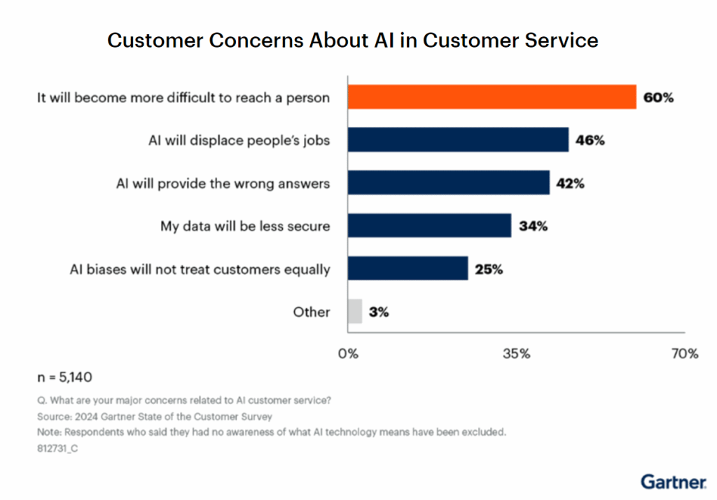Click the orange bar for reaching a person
point(492,97)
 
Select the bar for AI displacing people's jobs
point(458,140)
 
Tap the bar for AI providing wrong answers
point(448,183)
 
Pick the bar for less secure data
point(429,226)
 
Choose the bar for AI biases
point(408,269)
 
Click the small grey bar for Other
point(355,311)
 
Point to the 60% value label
point(658,98)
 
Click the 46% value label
point(590,141)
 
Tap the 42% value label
point(570,184)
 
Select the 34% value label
point(533,227)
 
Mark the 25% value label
point(488,269)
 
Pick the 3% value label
point(379,312)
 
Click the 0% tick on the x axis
point(348,354)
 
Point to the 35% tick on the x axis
point(516,354)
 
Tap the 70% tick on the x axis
point(684,354)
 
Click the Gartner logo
point(673,482)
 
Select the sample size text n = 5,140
point(64,378)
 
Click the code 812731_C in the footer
point(57,448)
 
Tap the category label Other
point(312,312)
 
